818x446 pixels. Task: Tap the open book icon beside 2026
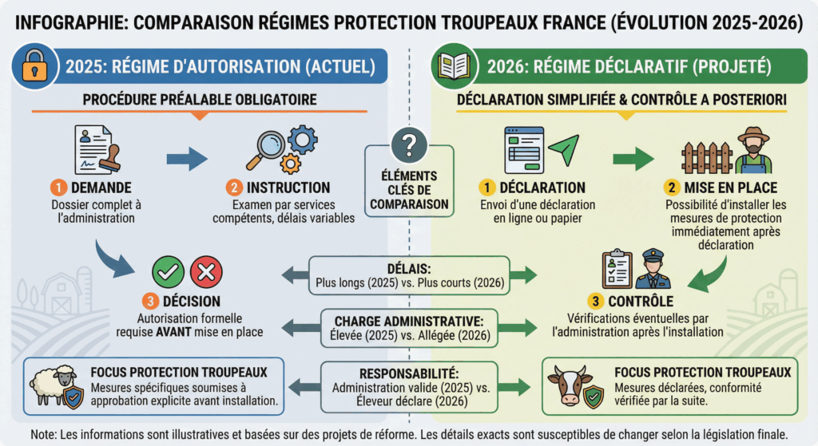(453, 65)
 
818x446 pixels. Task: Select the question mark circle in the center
(408, 145)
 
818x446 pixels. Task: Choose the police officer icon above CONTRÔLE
(653, 271)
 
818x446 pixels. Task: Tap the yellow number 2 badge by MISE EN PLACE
(673, 187)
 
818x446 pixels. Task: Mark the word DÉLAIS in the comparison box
(408, 267)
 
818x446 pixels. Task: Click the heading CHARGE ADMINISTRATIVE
(408, 321)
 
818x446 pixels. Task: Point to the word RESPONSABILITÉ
(408, 373)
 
